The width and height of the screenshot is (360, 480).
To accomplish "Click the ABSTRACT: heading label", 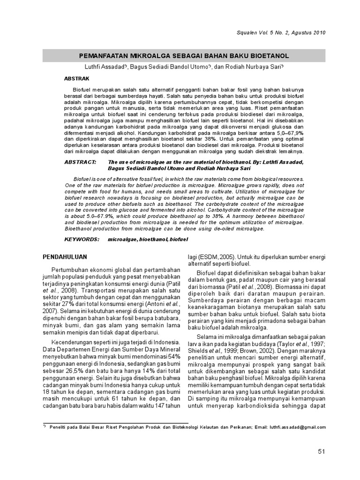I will (x=81, y=162).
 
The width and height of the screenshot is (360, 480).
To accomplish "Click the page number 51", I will (x=321, y=451).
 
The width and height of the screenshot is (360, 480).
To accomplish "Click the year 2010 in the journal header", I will (x=316, y=32).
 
